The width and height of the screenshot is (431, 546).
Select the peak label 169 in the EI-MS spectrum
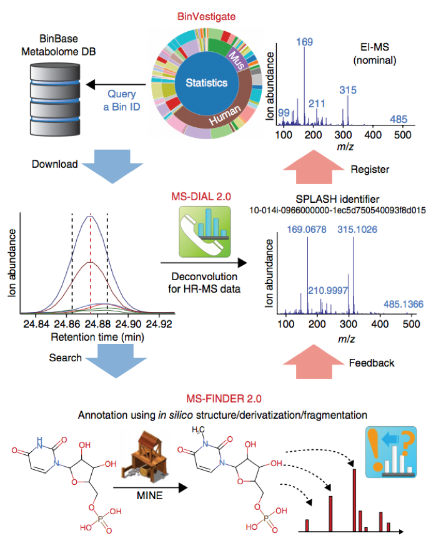pos(305,43)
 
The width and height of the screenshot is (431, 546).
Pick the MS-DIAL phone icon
pos(202,235)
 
